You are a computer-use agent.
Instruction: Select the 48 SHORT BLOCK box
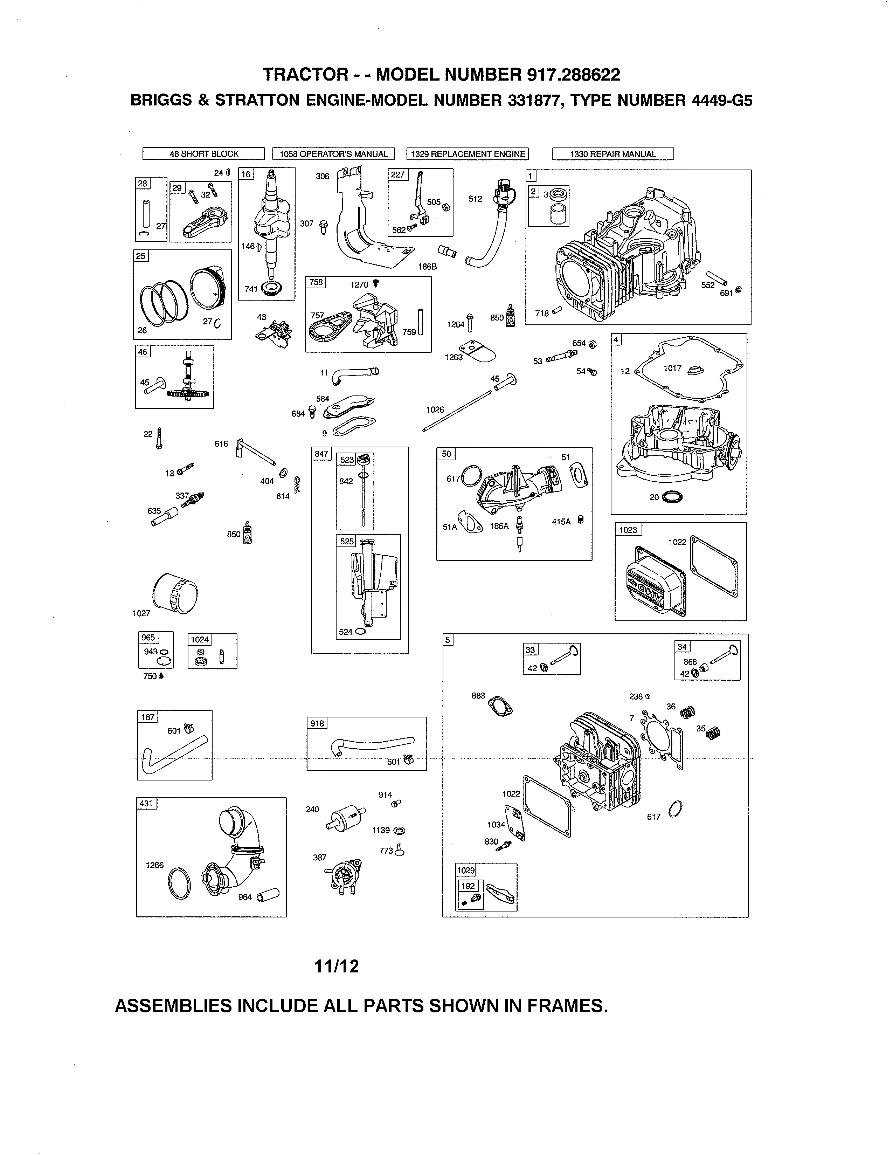pyautogui.click(x=204, y=154)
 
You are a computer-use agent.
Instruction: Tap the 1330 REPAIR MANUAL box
pyautogui.click(x=612, y=154)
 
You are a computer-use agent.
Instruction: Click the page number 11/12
pyautogui.click(x=337, y=966)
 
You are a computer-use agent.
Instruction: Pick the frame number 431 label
pyautogui.click(x=146, y=804)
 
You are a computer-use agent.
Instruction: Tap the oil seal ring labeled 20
pyautogui.click(x=672, y=497)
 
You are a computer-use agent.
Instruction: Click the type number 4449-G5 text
pyautogui.click(x=721, y=100)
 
